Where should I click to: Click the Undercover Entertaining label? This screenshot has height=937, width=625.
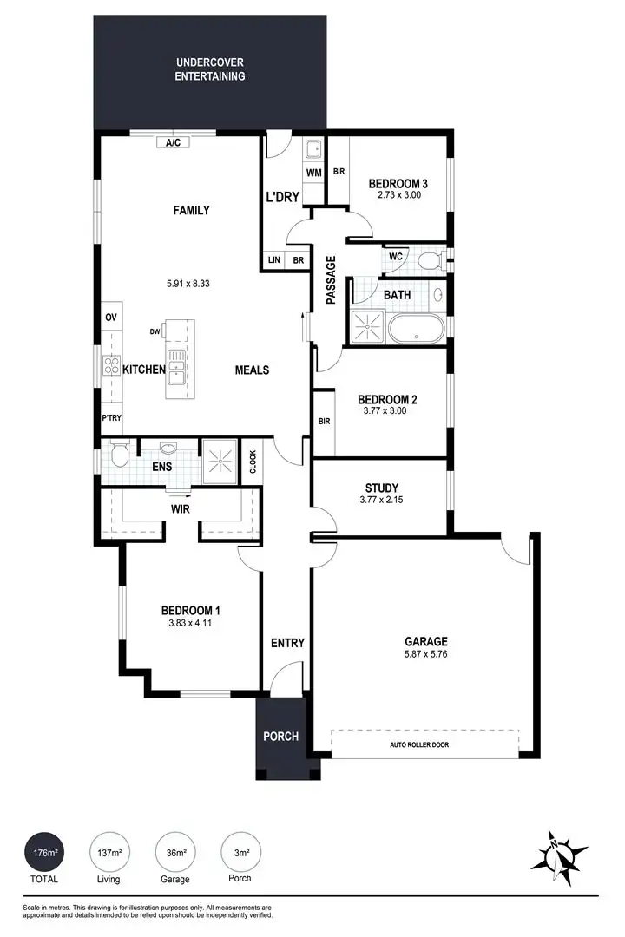pos(210,69)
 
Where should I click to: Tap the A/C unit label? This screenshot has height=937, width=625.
pos(172,142)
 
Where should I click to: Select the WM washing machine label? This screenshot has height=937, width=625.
pos(313,173)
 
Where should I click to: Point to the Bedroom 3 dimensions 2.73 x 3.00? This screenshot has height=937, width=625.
pos(398,196)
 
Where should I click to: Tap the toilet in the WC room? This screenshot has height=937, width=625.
pos(429,259)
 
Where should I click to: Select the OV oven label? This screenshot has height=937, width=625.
pos(110,318)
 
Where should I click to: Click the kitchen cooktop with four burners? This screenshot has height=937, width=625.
pos(111,365)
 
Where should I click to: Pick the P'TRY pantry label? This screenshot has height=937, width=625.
pos(111,417)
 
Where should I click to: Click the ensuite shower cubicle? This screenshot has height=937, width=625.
pos(220,461)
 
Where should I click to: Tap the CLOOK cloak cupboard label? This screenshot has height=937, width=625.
pos(253,461)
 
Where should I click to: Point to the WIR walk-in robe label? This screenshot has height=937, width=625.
pos(181,508)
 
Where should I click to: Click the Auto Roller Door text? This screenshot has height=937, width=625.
pos(420,744)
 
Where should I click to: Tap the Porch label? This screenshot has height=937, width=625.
pos(280,737)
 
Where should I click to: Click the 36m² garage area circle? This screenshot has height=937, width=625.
pos(175,854)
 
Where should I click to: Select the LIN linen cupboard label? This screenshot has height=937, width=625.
pos(274,260)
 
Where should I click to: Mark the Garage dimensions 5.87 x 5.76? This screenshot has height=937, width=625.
pos(425,654)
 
